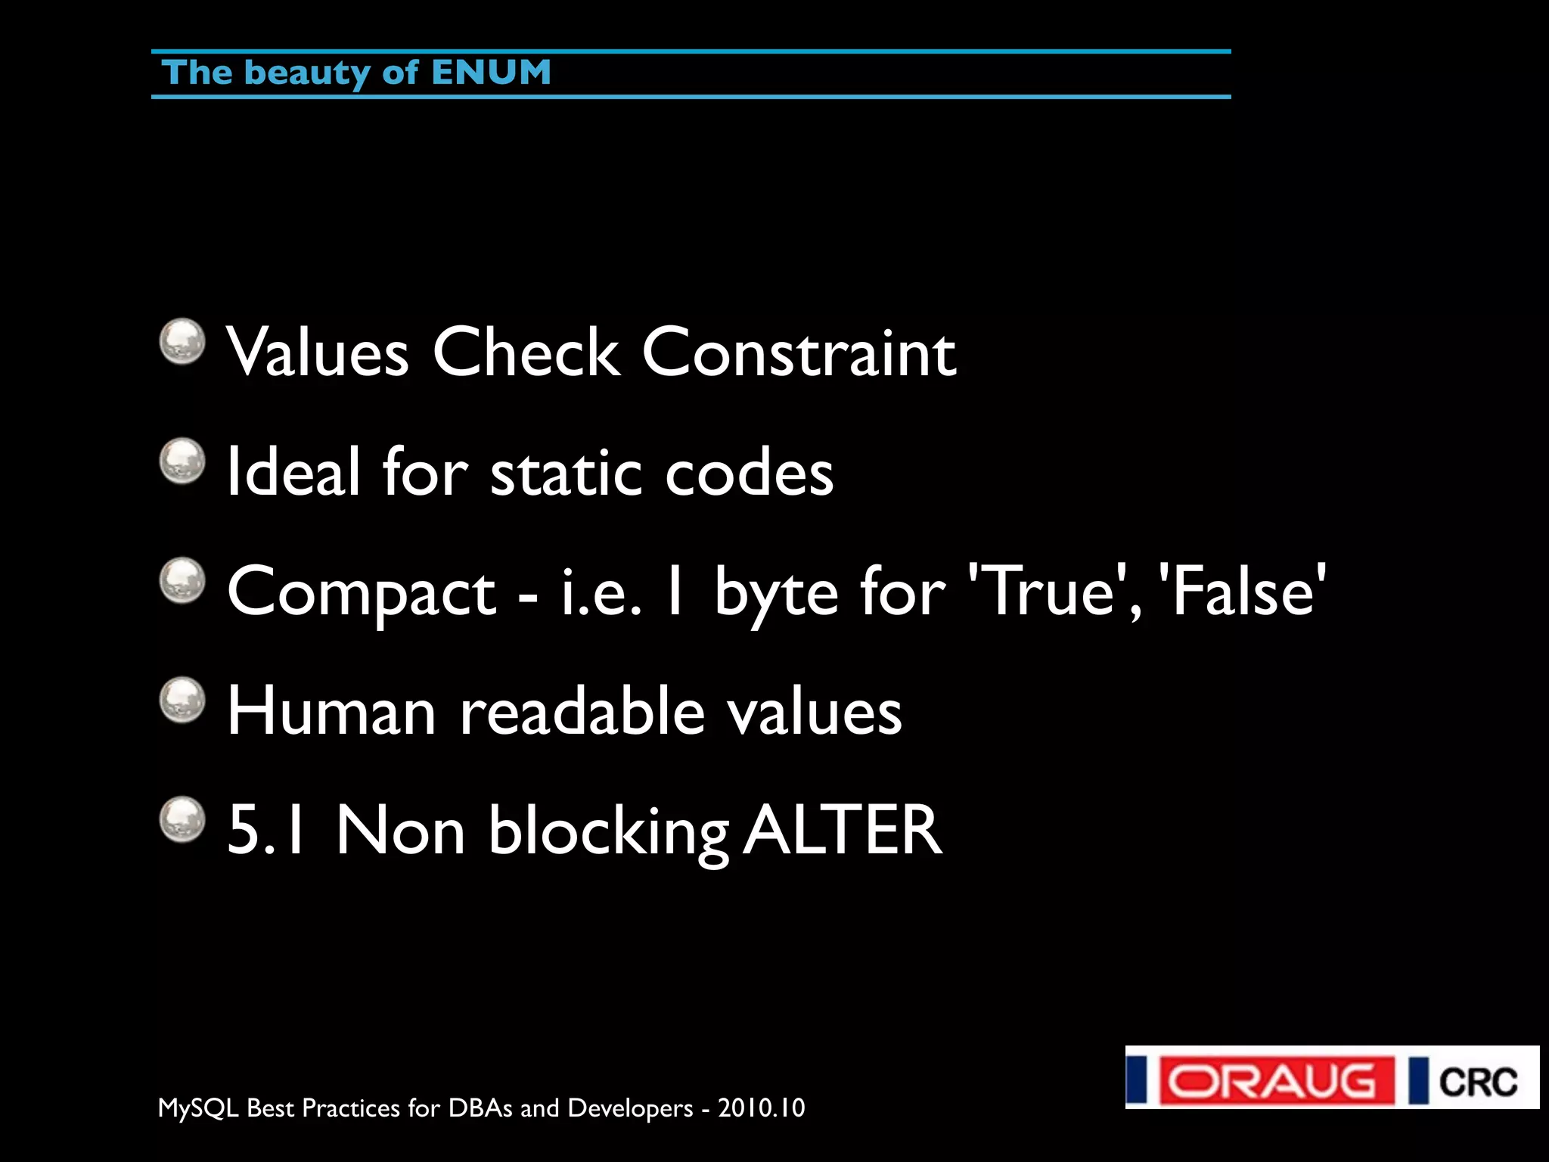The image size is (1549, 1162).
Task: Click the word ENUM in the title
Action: pos(491,73)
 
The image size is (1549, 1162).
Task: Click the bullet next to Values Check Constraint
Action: pos(182,341)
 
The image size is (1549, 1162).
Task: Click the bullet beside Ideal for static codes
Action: pos(182,461)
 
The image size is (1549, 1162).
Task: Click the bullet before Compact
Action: pos(182,581)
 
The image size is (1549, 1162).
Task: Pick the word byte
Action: pos(776,594)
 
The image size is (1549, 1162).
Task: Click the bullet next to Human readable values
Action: pos(182,700)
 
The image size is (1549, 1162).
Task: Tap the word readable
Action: pos(582,711)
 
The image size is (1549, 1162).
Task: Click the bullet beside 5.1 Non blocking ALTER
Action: pos(182,819)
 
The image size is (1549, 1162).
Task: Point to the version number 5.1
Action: pos(266,831)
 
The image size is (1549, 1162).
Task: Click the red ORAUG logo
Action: pos(1276,1081)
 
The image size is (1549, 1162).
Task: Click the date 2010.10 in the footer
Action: pos(761,1108)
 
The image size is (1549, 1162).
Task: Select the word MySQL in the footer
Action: pos(198,1108)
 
